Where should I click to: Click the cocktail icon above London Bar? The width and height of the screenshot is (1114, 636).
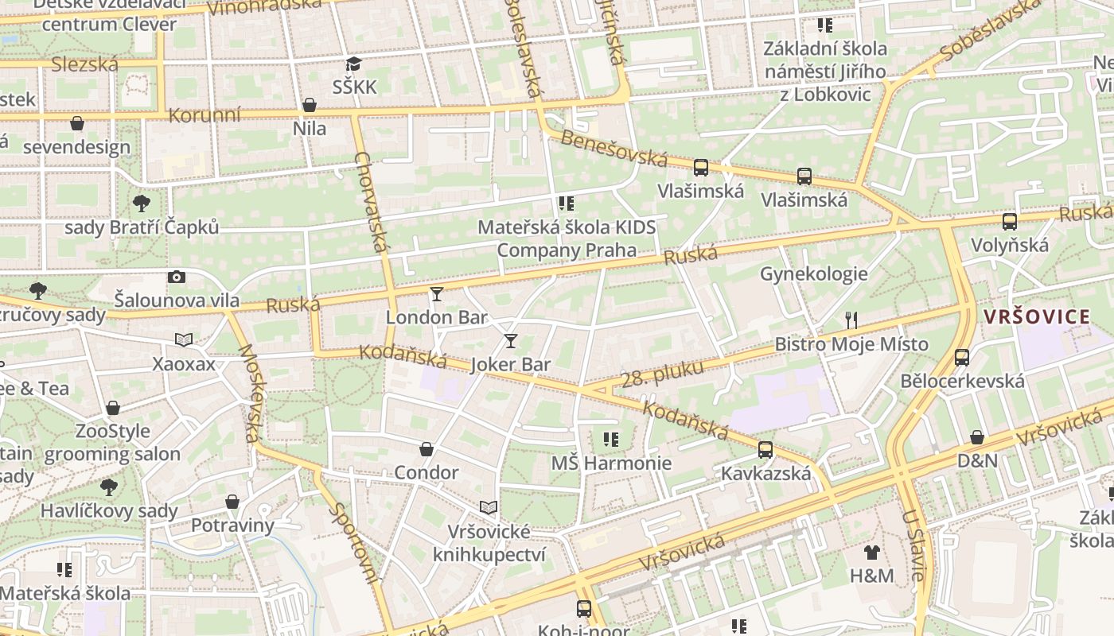click(436, 294)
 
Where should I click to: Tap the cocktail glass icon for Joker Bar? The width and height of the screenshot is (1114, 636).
click(511, 341)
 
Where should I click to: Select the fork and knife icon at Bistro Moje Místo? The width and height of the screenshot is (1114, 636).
click(851, 320)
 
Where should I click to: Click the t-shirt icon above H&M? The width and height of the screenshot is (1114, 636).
click(872, 552)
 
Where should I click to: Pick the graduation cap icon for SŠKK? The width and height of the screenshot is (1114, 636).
click(353, 64)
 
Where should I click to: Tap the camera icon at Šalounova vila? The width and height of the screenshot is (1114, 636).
click(177, 277)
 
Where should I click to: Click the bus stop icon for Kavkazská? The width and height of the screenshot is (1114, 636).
click(765, 450)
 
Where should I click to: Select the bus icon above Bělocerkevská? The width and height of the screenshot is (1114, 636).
click(962, 357)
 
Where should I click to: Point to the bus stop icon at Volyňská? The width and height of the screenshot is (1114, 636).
click(1010, 222)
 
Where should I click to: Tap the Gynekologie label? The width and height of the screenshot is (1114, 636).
click(813, 274)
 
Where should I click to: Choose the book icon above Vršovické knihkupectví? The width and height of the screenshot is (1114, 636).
click(489, 507)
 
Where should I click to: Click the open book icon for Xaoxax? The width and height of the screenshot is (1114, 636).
click(184, 340)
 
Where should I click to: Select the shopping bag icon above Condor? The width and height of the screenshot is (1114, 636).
click(427, 449)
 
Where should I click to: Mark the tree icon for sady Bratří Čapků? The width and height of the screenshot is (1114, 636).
click(142, 204)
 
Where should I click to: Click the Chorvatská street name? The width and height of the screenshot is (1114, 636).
click(372, 203)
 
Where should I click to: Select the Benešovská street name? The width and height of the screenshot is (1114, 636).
click(613, 149)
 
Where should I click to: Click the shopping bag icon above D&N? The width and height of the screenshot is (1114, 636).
click(977, 437)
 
